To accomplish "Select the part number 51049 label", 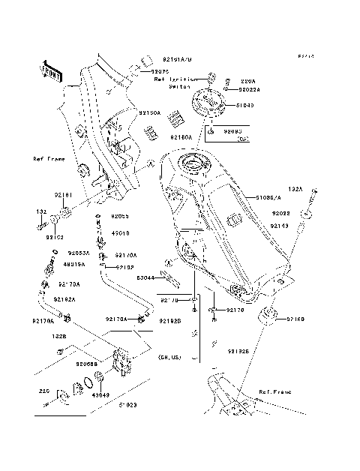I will pos(246,105).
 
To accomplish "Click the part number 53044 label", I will pos(145,277).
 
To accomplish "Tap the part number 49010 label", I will pos(121,232).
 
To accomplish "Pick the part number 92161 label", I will pos(62,194).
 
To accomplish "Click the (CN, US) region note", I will pos(169,358).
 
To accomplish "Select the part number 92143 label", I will pos(279,225).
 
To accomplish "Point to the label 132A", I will pos(295,190).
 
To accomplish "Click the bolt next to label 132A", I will pos(308,202).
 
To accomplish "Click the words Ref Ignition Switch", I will pos(175,82).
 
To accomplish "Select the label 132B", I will pos(60,335).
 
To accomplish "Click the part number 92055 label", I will pos(121,216).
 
